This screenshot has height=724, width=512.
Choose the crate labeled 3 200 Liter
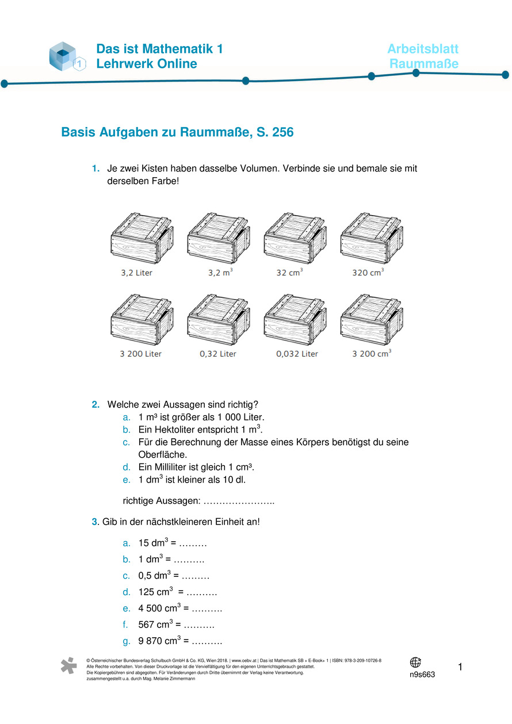point(141,320)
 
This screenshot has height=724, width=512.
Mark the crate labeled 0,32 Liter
point(217,320)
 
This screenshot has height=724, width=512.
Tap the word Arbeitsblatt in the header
point(423,49)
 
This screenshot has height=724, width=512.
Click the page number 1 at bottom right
point(460,667)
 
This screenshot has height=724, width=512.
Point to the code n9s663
point(422,675)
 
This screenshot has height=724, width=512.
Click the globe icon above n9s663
point(415,662)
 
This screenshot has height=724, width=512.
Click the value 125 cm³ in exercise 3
point(156,592)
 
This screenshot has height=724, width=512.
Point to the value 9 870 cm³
point(161,641)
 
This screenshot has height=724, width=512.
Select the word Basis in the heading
point(78,133)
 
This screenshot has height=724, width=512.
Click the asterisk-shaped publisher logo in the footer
point(69,665)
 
